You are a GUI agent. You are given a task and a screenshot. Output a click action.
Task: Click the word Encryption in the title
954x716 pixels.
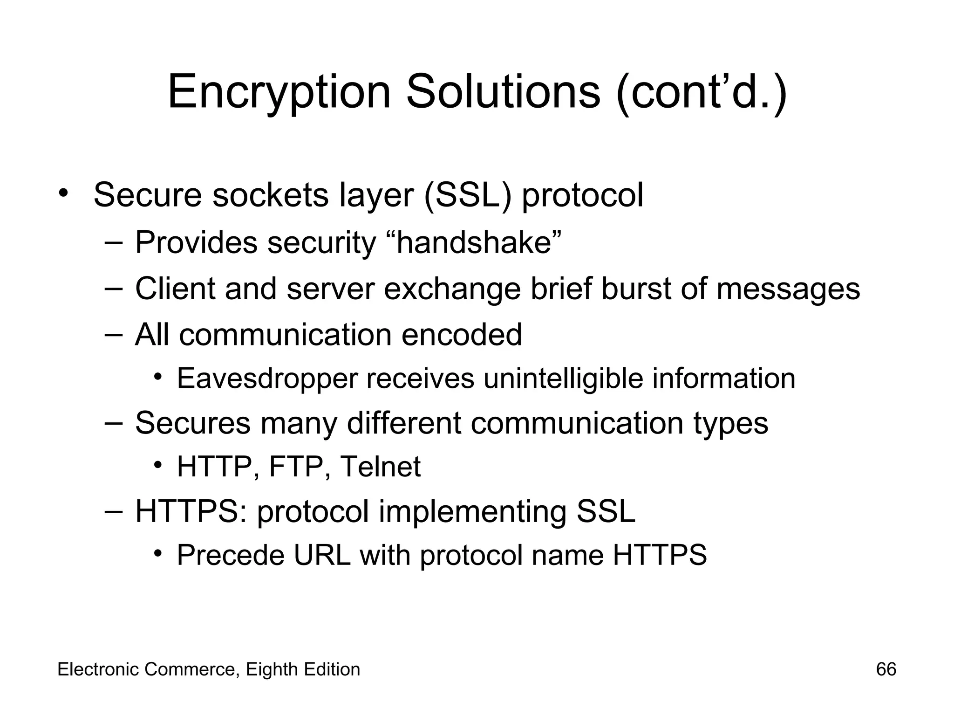coord(279,92)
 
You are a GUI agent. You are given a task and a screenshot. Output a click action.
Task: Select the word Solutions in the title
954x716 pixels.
coord(503,92)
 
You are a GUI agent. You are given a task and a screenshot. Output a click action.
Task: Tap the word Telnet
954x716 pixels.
coord(380,467)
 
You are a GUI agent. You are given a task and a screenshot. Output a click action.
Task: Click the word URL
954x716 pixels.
coord(322,555)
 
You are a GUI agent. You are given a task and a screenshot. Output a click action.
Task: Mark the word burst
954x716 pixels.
coord(636,289)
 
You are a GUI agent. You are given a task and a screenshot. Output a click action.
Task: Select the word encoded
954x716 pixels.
coord(461,335)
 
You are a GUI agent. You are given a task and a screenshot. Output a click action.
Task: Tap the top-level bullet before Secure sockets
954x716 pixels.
coord(64,193)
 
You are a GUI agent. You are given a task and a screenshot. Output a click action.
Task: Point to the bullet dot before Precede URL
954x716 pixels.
coord(158,553)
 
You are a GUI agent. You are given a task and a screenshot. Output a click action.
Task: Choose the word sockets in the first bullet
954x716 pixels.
coord(270,195)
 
